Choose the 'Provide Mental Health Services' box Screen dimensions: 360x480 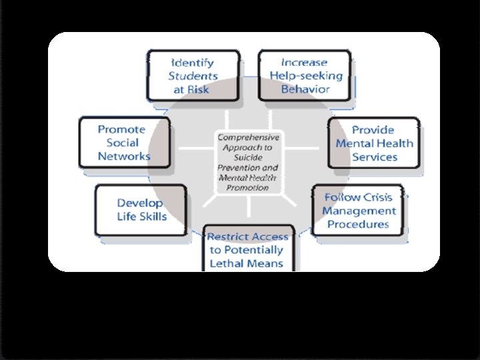[x=375, y=143]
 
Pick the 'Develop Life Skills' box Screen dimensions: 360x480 [x=141, y=210]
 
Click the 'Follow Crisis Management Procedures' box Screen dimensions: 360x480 [x=358, y=210]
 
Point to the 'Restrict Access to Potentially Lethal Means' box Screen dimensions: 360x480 [x=249, y=249]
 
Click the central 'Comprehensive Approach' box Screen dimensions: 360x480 [x=248, y=162]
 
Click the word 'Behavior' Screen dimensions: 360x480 [x=305, y=89]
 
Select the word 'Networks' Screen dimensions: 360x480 [x=124, y=156]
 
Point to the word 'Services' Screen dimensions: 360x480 [x=375, y=157]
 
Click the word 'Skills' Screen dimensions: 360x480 [x=153, y=217]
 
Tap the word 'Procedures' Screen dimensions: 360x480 [x=358, y=224]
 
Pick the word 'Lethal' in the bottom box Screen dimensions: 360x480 [x=228, y=263]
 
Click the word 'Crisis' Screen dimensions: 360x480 [x=377, y=197]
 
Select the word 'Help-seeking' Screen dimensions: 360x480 [x=306, y=75]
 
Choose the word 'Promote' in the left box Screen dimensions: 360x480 [x=121, y=129]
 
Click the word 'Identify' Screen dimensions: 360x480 [x=191, y=63]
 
